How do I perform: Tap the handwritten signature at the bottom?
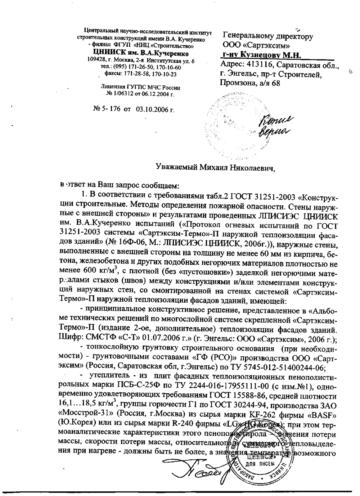(196, 472)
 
